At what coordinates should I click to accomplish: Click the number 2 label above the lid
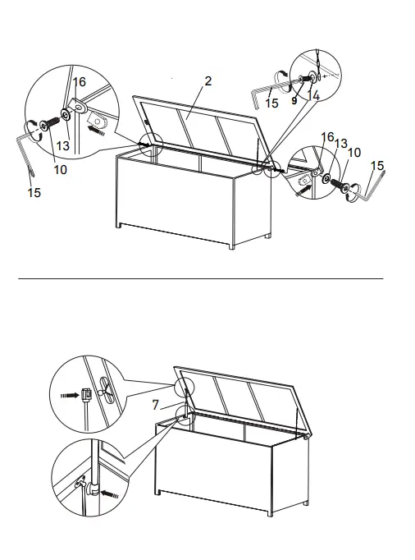(x=208, y=80)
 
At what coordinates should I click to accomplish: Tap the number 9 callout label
(x=294, y=101)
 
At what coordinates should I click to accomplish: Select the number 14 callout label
(x=314, y=97)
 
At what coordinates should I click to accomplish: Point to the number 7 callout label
(x=155, y=405)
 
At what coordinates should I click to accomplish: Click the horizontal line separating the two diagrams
(x=201, y=278)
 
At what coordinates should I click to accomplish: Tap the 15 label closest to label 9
(x=272, y=103)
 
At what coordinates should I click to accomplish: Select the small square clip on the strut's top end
(x=85, y=394)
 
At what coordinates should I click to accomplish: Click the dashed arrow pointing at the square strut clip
(x=67, y=394)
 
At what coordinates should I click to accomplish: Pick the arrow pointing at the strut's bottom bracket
(x=110, y=495)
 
